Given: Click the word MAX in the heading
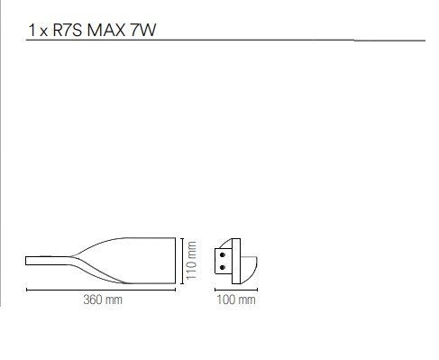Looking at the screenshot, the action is pyautogui.click(x=106, y=30).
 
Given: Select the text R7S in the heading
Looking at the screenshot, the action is pyautogui.click(x=68, y=30).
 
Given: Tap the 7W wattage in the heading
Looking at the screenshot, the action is pyautogui.click(x=143, y=30).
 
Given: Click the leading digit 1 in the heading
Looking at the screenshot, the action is pyautogui.click(x=32, y=30).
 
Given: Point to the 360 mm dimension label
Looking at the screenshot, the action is pyautogui.click(x=103, y=300).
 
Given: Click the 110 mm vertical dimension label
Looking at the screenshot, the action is pyautogui.click(x=191, y=261).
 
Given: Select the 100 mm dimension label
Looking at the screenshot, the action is pyautogui.click(x=236, y=300).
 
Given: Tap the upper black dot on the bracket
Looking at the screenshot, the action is pyautogui.click(x=223, y=255).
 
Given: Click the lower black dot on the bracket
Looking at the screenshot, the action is pyautogui.click(x=223, y=267).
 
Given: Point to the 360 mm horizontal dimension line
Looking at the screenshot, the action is pyautogui.click(x=101, y=290).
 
